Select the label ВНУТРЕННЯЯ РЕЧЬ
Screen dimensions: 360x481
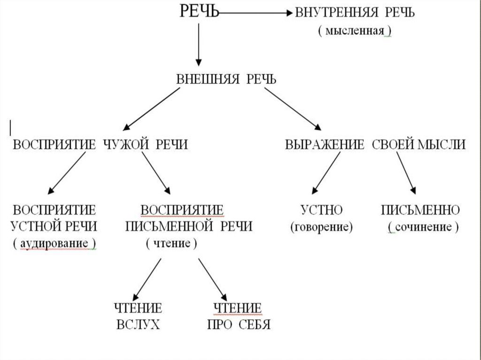(355, 13)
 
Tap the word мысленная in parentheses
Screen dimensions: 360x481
(355, 31)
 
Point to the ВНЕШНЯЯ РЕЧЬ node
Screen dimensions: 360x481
(226, 79)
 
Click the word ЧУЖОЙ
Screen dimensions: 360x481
(124, 145)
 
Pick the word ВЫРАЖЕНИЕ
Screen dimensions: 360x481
(325, 145)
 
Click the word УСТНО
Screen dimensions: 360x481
(322, 210)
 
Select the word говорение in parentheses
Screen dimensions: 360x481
(322, 227)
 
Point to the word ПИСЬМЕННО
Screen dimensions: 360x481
(420, 210)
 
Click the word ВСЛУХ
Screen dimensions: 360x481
(138, 325)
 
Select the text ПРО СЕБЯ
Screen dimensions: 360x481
(239, 325)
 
